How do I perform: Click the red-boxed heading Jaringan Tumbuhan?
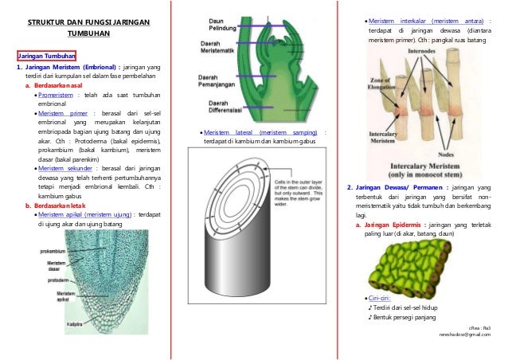47,57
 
